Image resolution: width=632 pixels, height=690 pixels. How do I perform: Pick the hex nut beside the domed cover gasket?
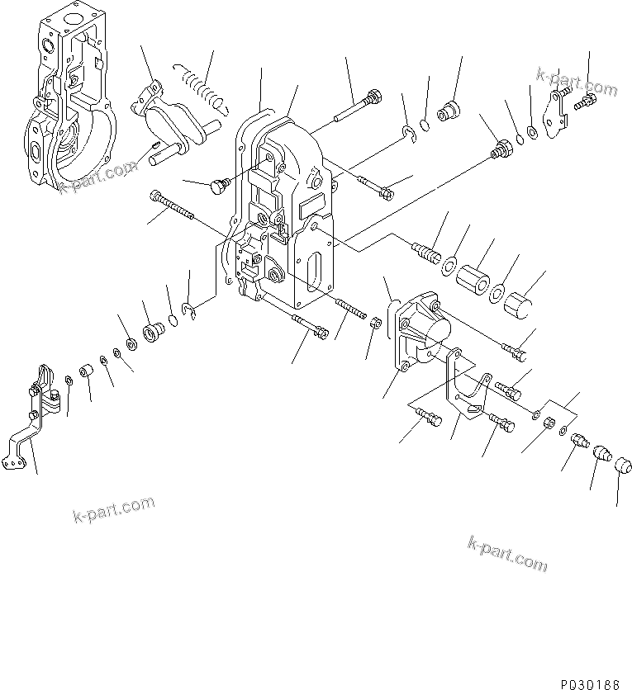pyautogui.click(x=373, y=322)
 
